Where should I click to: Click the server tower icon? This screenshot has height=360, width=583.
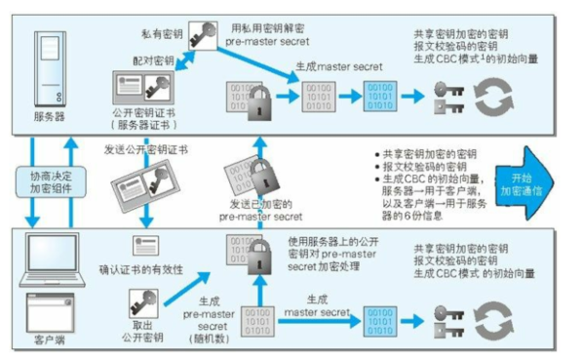point(50,69)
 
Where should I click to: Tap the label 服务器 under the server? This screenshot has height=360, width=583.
point(49,117)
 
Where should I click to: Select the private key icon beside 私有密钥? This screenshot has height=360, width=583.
point(203,36)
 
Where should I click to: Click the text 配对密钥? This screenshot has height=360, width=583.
point(154,60)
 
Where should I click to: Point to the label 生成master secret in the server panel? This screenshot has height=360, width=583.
point(338,67)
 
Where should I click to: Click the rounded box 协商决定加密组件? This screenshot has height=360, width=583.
point(51,181)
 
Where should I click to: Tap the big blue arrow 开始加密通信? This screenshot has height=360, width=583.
point(525,183)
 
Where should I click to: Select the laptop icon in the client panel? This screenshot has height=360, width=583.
point(53,260)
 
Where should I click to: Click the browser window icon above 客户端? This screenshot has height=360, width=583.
point(50,312)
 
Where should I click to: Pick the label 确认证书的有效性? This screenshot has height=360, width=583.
point(141,269)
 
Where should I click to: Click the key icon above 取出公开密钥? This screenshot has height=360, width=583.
point(143,303)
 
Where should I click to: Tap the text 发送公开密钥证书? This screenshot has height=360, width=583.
point(146,150)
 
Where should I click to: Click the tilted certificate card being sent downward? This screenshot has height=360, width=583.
point(145,186)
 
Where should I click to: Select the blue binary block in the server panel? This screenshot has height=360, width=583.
point(380,97)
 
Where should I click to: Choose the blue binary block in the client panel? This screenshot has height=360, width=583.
point(380,322)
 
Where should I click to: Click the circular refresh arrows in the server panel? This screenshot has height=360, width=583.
point(493,97)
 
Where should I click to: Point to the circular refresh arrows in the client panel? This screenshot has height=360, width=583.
point(493,321)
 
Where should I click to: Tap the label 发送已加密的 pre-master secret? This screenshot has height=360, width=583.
point(260,210)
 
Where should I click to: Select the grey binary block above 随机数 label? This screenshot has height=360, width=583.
point(257,322)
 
